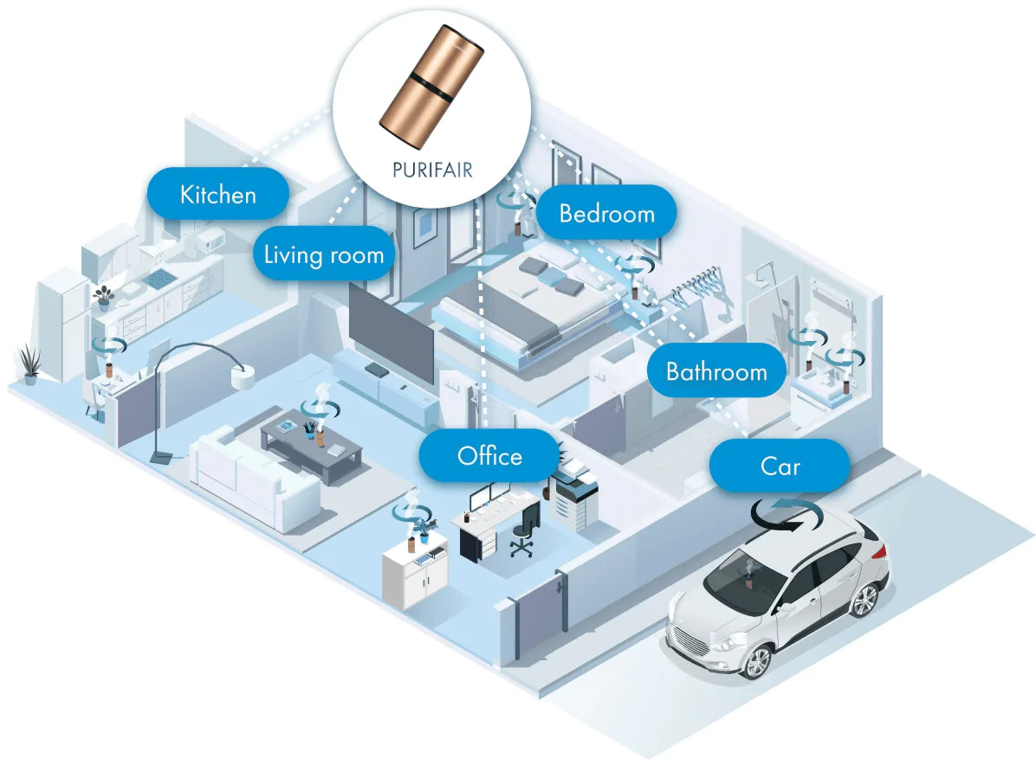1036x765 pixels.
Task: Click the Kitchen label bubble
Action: (x=218, y=193)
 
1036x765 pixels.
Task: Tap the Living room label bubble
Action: (x=324, y=254)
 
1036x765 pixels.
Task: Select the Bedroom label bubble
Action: (x=606, y=213)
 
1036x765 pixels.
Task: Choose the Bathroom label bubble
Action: (x=716, y=370)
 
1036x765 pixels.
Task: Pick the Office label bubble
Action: (x=489, y=455)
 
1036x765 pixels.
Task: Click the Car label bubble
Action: (x=780, y=466)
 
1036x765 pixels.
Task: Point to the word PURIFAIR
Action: (x=432, y=170)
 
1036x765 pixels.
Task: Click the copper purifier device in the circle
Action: (x=431, y=85)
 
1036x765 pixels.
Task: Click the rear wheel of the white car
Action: (x=864, y=599)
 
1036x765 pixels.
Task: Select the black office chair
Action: (x=524, y=531)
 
